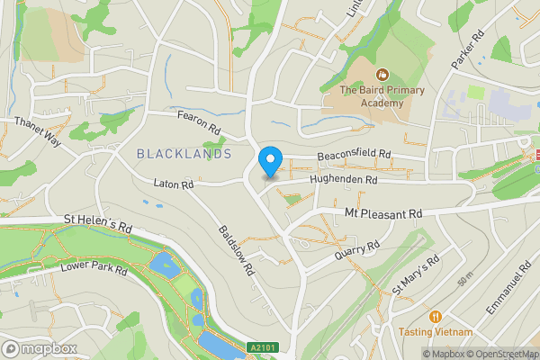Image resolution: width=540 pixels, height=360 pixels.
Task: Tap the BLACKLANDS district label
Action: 184,154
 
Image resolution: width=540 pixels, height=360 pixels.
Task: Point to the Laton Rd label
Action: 175,184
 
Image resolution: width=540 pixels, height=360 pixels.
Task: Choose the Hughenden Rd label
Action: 342,180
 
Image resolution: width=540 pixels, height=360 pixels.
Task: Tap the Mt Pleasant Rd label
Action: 383,214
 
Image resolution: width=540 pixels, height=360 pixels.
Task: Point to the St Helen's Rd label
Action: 97,224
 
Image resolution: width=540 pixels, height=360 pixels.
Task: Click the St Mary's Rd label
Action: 415,275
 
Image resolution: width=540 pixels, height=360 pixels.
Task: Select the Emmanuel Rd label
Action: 504,289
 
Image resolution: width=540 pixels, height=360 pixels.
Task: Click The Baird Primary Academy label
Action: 371,96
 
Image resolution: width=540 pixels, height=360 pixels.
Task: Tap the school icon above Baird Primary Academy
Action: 382,74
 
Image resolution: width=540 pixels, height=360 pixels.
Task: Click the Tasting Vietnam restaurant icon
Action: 436,316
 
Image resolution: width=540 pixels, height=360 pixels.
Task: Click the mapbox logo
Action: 40,347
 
